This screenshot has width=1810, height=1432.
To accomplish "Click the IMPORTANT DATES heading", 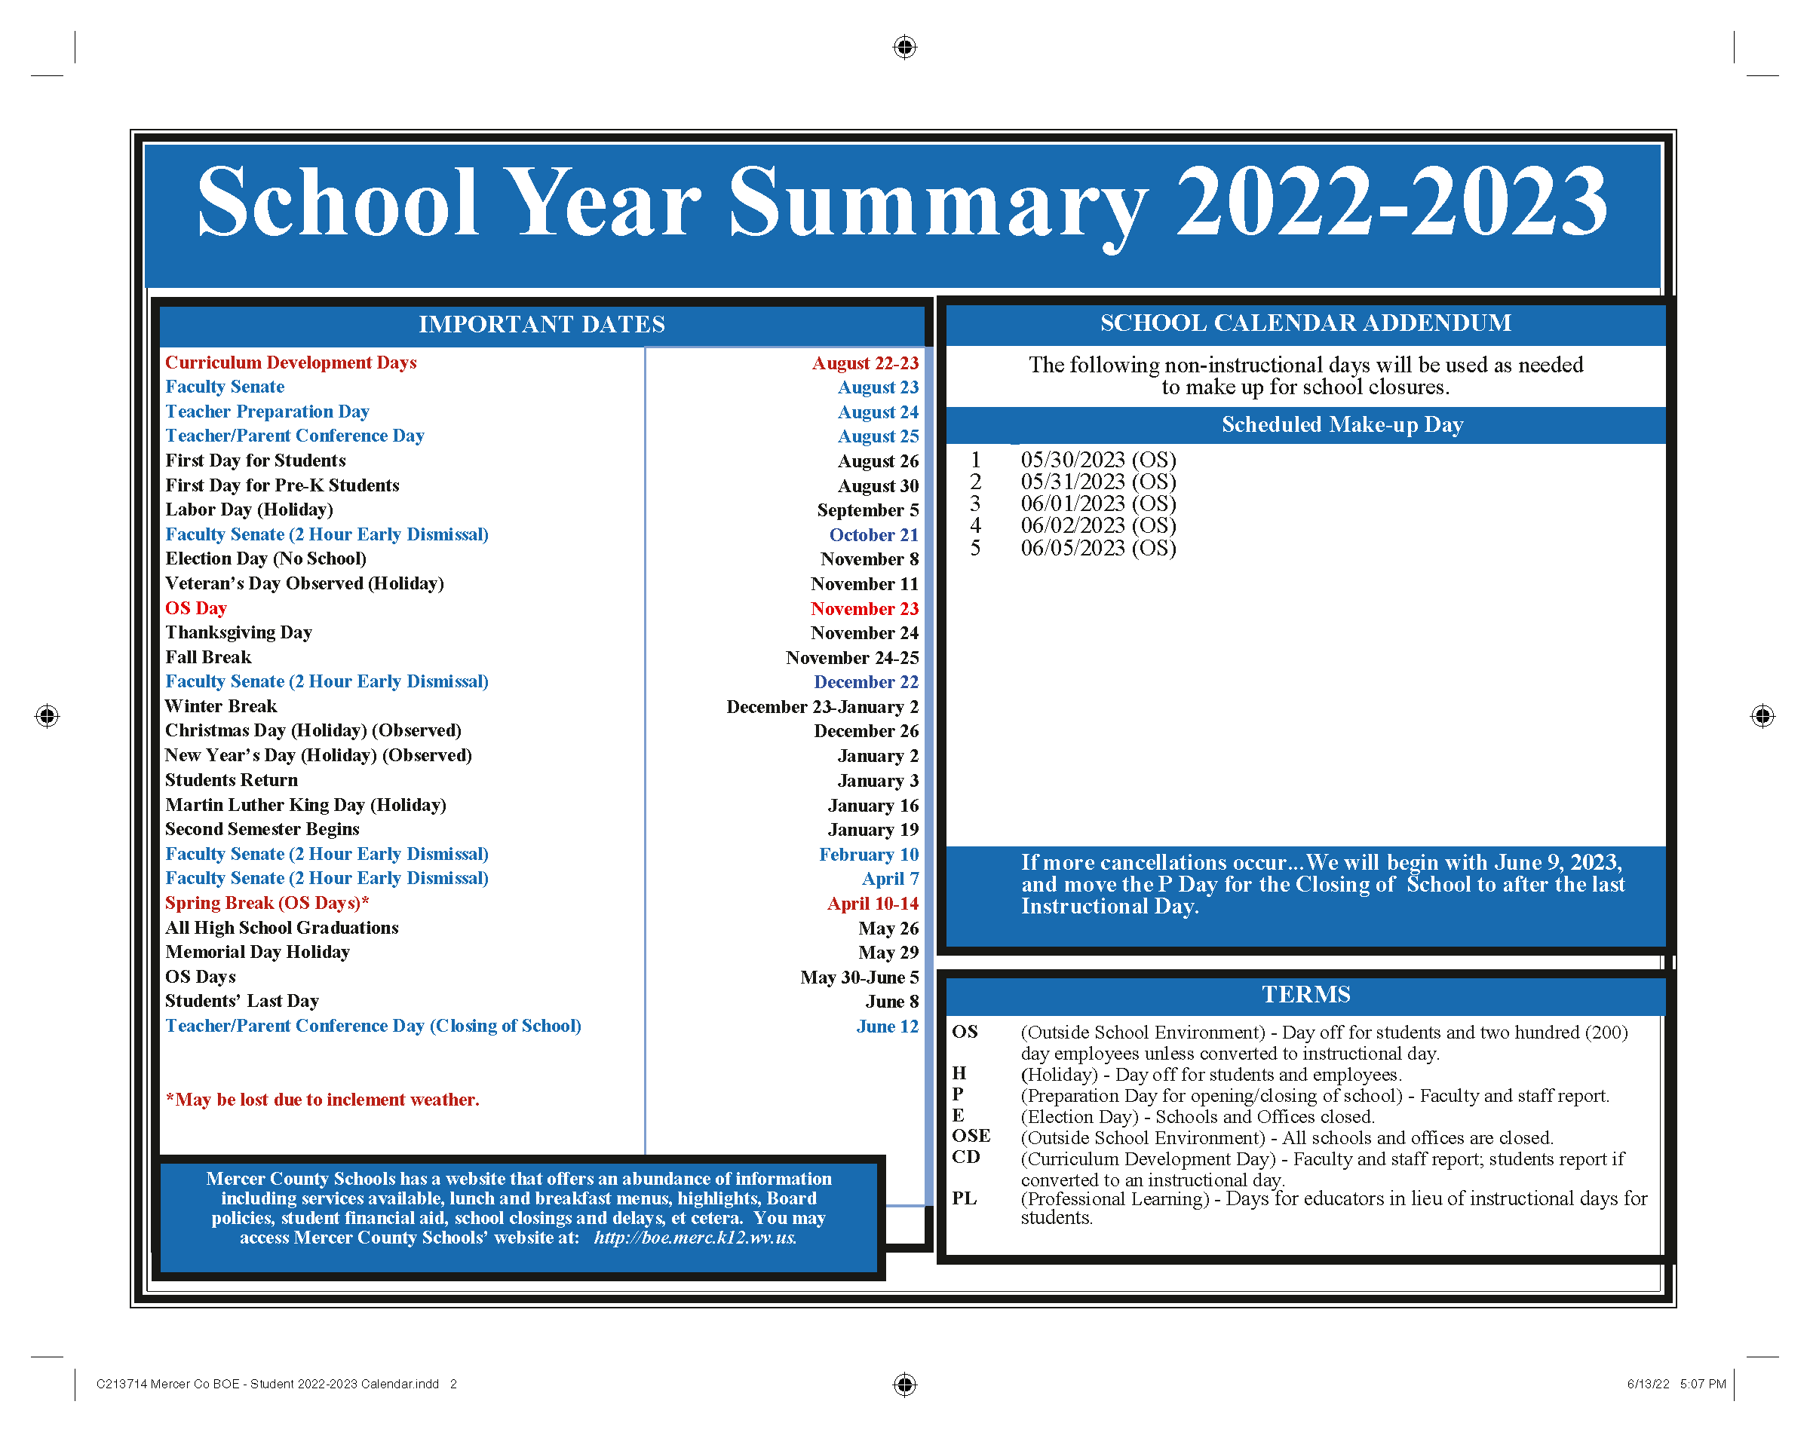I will [541, 325].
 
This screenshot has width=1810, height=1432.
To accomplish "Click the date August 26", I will [877, 461].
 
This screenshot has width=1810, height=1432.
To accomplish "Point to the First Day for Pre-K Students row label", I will [282, 485].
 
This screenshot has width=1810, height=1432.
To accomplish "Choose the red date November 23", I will [864, 609].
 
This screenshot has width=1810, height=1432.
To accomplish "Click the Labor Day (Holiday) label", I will [249, 509].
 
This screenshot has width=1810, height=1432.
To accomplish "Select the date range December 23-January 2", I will [822, 707].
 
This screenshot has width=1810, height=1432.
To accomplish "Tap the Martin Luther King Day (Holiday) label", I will [305, 805].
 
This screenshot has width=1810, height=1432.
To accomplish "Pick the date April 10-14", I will [873, 904].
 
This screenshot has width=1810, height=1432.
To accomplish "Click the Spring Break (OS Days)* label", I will [267, 903].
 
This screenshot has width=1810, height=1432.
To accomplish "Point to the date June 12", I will [887, 1027].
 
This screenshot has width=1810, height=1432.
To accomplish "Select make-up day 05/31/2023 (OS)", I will [1098, 482].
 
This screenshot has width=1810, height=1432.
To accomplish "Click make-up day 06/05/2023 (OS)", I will [1098, 549].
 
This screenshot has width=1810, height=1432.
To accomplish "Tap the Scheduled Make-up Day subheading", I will [1342, 425].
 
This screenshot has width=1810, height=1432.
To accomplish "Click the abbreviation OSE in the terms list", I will [971, 1136].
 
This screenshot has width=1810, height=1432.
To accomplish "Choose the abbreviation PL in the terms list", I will [964, 1199].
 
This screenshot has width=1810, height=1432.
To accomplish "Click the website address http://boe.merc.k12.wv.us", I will [695, 1238].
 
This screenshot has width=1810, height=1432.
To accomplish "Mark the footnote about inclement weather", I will [322, 1100].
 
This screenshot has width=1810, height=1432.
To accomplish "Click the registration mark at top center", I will [904, 47].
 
